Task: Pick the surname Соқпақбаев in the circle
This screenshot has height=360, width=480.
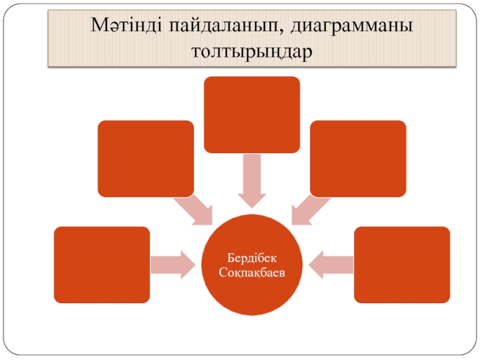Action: coord(252,272)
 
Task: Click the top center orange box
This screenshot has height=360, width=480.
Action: coord(252,114)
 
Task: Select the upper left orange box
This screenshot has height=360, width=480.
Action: coord(146,158)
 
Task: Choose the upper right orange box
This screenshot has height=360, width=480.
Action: coord(358,158)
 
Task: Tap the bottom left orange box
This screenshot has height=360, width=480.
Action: coord(101,264)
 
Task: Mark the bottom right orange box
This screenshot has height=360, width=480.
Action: coord(402,264)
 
